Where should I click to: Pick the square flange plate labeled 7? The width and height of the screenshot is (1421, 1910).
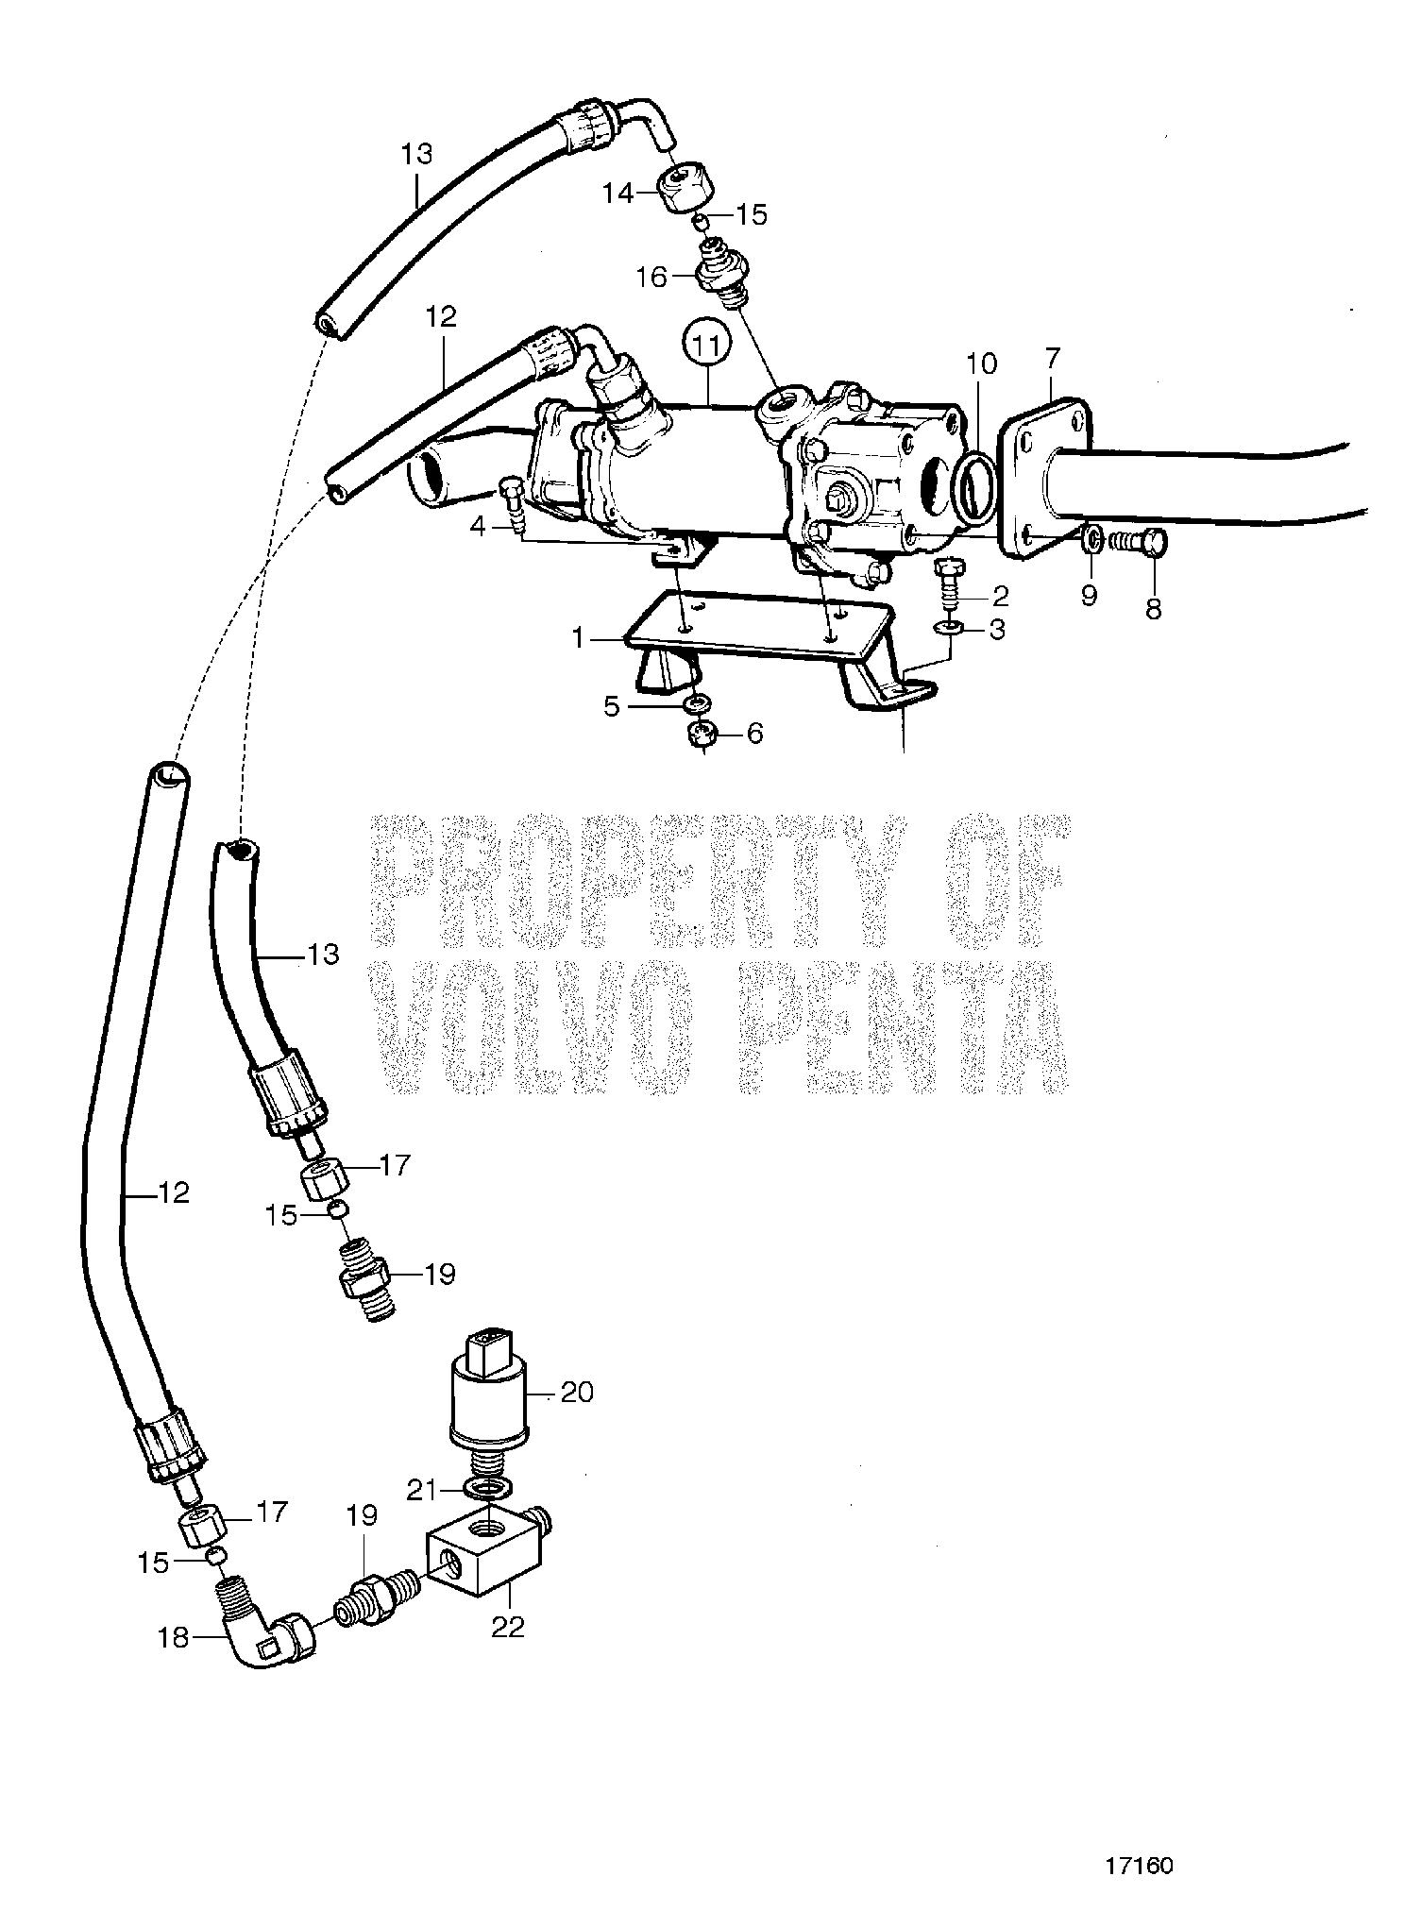(x=1043, y=481)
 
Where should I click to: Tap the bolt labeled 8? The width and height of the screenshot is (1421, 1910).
(x=1137, y=544)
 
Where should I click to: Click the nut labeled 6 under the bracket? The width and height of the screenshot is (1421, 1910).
(x=704, y=734)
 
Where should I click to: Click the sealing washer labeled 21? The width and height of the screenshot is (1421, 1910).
(x=489, y=1489)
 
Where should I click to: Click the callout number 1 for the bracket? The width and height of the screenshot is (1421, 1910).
(x=578, y=639)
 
